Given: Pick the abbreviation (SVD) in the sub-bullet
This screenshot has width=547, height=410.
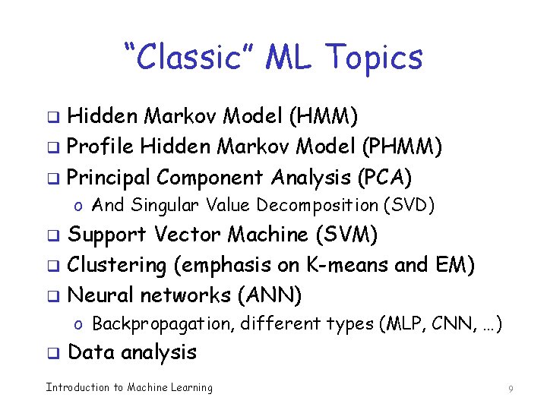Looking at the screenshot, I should tap(409, 205).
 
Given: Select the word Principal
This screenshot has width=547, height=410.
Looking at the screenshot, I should tap(109, 177).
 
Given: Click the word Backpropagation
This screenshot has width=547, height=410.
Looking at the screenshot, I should tap(163, 324).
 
